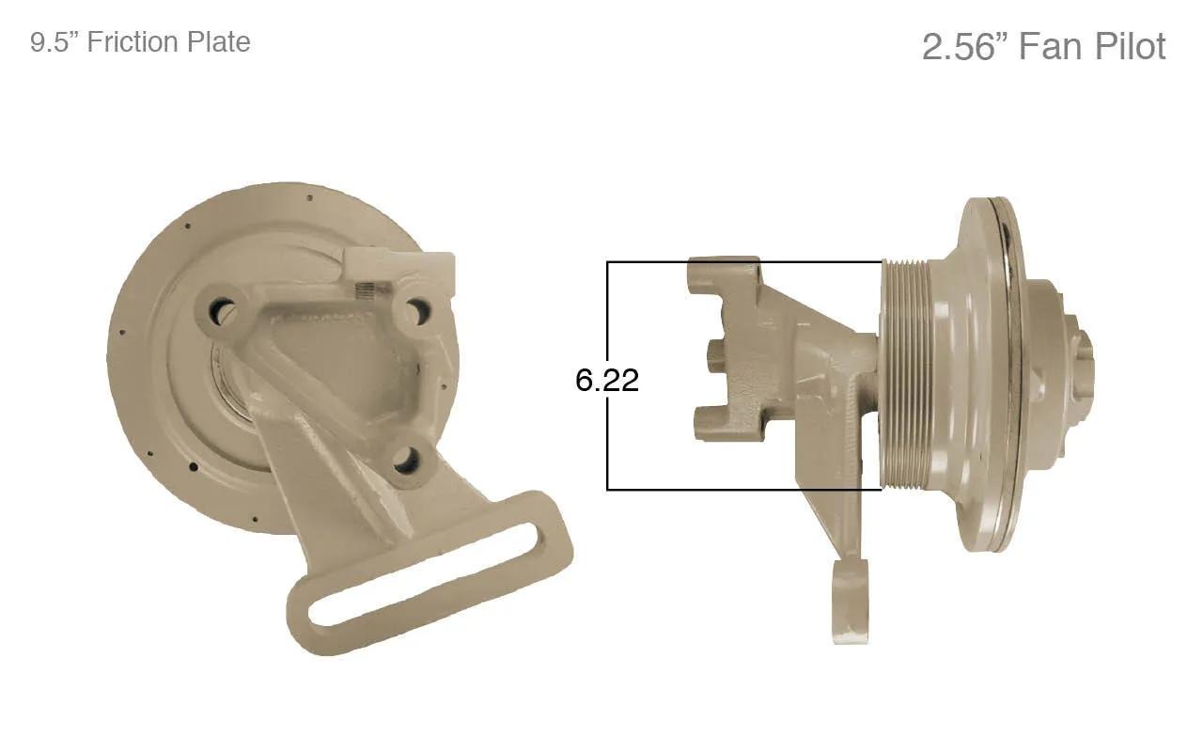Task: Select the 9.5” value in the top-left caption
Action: (55, 42)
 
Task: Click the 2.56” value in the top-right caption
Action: (965, 47)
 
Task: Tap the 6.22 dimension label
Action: (607, 380)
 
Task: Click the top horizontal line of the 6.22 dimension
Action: (744, 262)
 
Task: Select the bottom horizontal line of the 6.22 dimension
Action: (744, 490)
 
